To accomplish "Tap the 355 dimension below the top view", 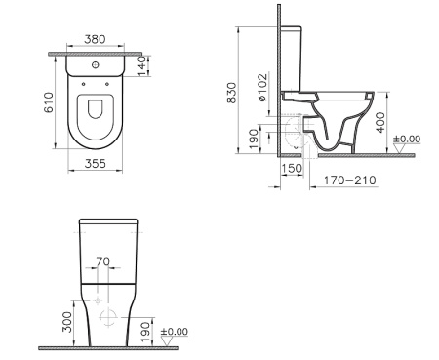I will tap(95, 165).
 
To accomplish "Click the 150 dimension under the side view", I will tap(292, 169).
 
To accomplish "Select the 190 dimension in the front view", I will tap(144, 329).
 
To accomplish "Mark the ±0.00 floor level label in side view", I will tap(406, 140).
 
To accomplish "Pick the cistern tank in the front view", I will tap(106, 249).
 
